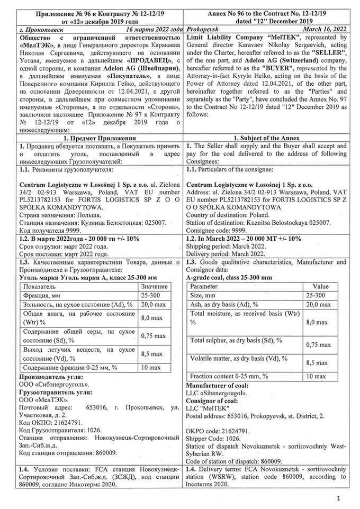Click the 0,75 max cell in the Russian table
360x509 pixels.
(x=154, y=335)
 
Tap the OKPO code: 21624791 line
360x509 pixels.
(x=219, y=431)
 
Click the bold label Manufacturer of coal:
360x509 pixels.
(x=218, y=385)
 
